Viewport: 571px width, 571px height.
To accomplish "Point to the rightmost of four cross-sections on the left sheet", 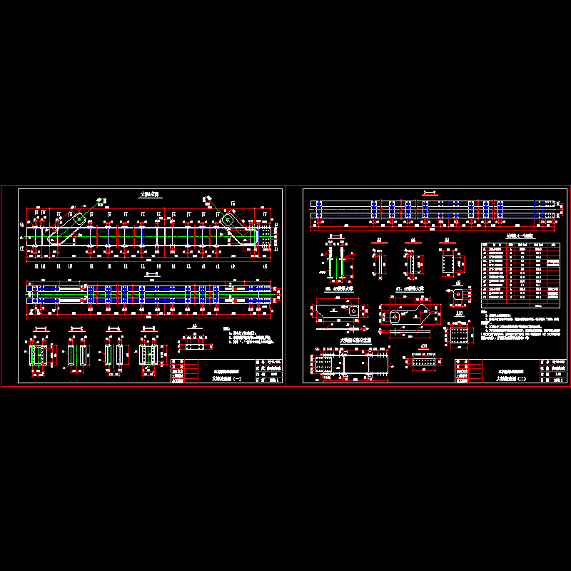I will [148, 354].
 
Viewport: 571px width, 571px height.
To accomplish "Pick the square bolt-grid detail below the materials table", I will [460, 333].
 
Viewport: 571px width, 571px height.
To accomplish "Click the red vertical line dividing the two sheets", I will [285, 285].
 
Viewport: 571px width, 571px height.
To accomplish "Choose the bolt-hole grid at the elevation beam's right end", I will [266, 235].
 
